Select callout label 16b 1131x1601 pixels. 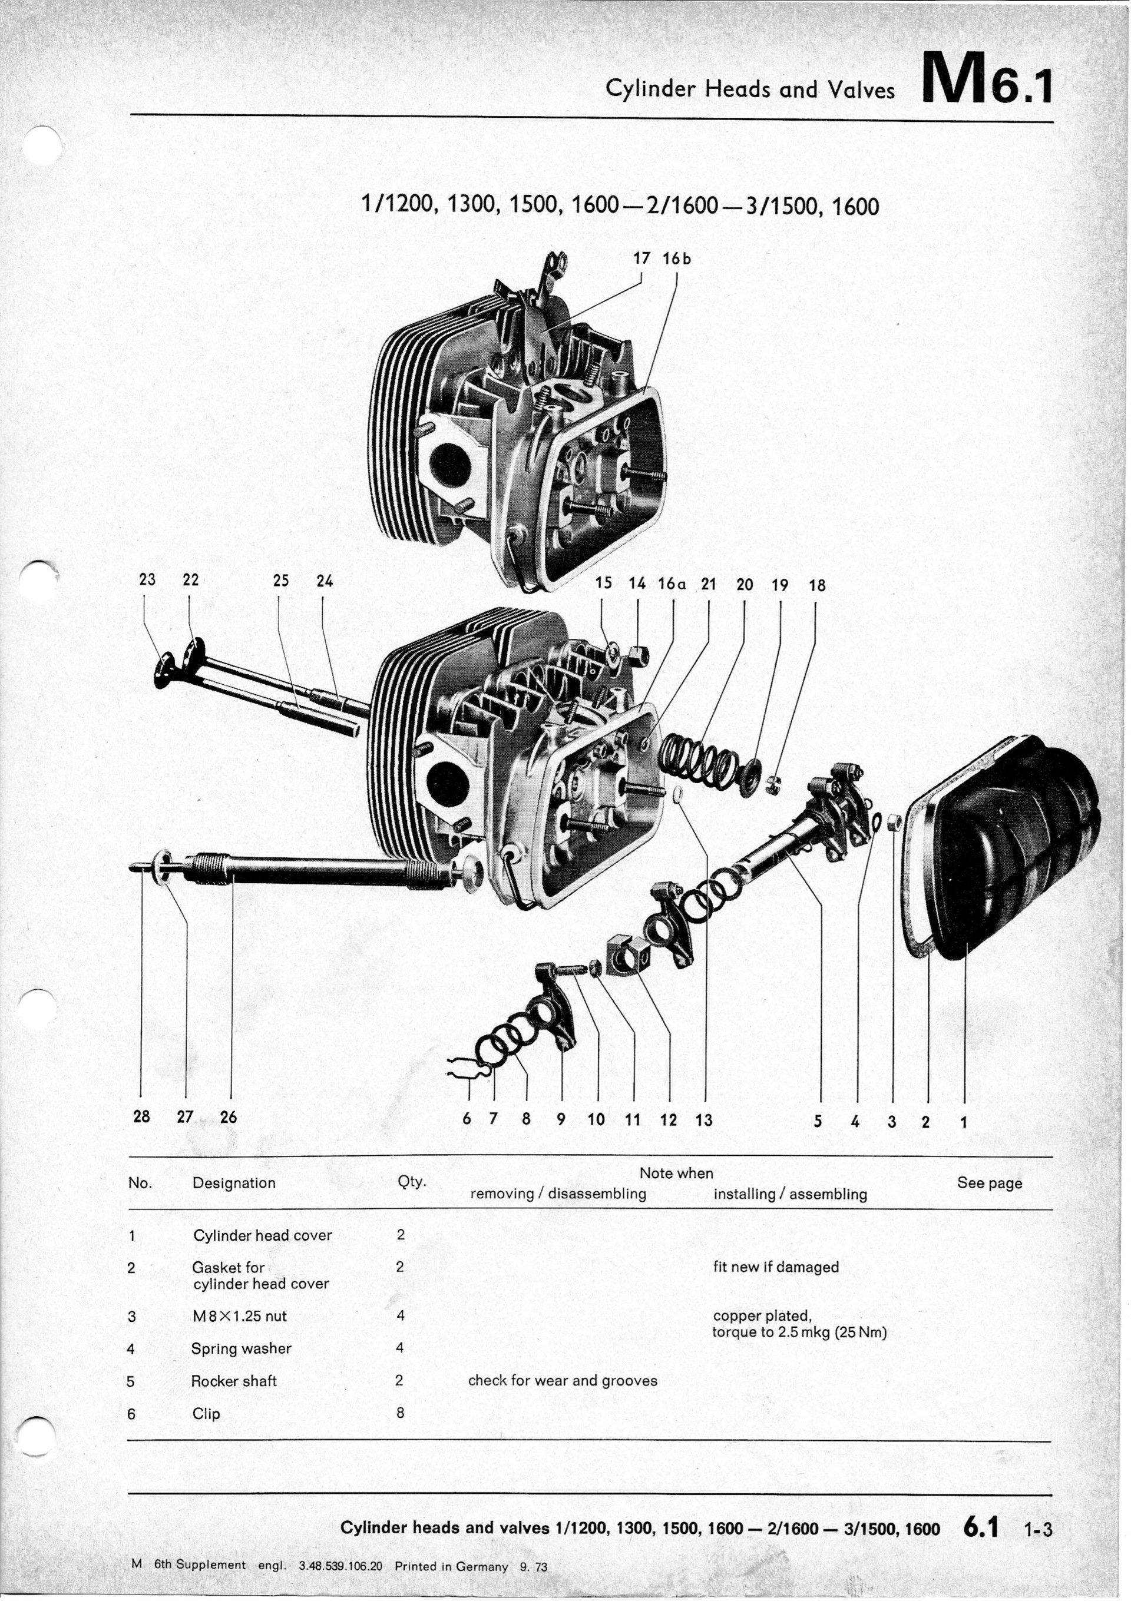pos(676,258)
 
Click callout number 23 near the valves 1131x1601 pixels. pos(147,579)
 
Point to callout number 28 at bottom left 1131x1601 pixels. pos(141,1116)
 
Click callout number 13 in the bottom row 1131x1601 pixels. pos(704,1120)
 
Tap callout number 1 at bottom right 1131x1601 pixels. pos(964,1122)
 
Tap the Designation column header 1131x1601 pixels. pos(234,1182)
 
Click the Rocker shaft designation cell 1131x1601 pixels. pos(234,1381)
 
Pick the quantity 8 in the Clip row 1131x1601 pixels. pos(400,1413)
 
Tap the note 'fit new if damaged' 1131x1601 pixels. pos(775,1267)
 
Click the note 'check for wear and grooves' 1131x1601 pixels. pos(563,1381)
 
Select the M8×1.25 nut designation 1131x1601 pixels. pos(239,1316)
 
